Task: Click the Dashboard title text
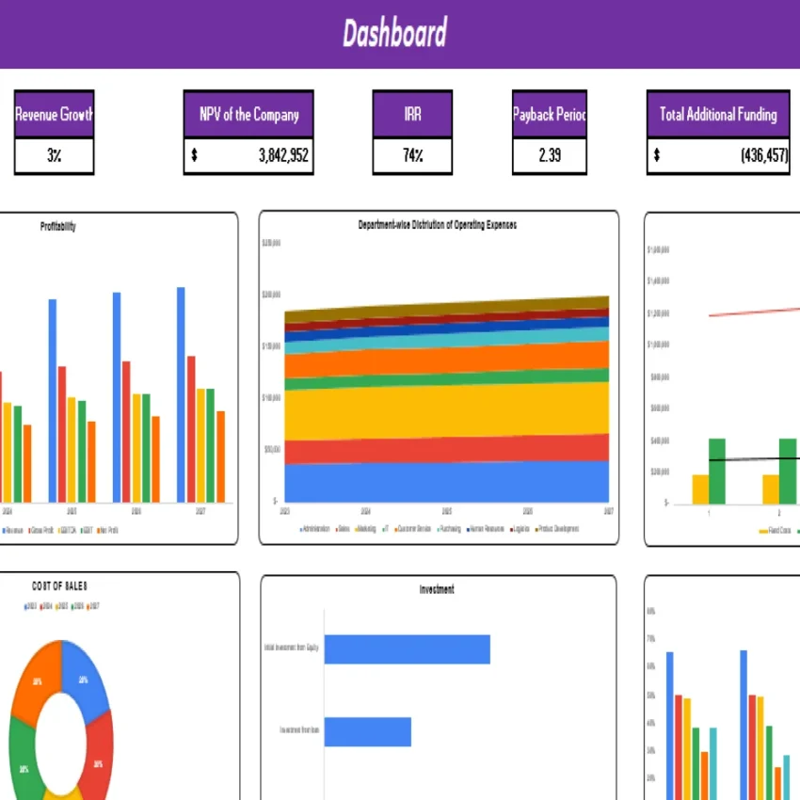coord(394,35)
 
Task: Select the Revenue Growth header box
coord(54,115)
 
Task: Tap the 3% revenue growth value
coord(54,156)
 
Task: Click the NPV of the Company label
coord(248,115)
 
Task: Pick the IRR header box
coord(412,115)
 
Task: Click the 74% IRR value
coord(412,156)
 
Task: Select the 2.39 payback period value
coord(550,156)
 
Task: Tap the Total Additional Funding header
coord(718,115)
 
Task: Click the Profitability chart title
coord(58,227)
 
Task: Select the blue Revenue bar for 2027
coord(181,394)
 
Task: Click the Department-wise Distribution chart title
coord(438,226)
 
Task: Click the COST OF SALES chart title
coord(60,586)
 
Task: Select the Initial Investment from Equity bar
coord(407,649)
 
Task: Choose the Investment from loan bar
coord(368,731)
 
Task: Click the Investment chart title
coord(437,589)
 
